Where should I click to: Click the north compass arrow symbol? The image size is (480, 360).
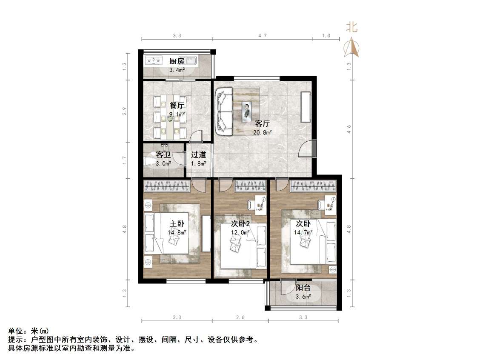point(351,47)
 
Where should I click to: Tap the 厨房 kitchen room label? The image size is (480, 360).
point(177,61)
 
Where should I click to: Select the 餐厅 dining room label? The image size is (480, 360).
point(177,106)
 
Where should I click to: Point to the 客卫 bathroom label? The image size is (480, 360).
point(163,155)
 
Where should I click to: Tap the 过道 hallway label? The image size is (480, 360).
point(198,155)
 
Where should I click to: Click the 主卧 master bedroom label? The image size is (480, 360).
point(177,224)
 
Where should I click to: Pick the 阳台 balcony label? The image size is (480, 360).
point(303,288)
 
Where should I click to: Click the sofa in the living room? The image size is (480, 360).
point(223,111)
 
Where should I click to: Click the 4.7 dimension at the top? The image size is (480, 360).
point(262,36)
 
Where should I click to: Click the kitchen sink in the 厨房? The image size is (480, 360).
point(190,60)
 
